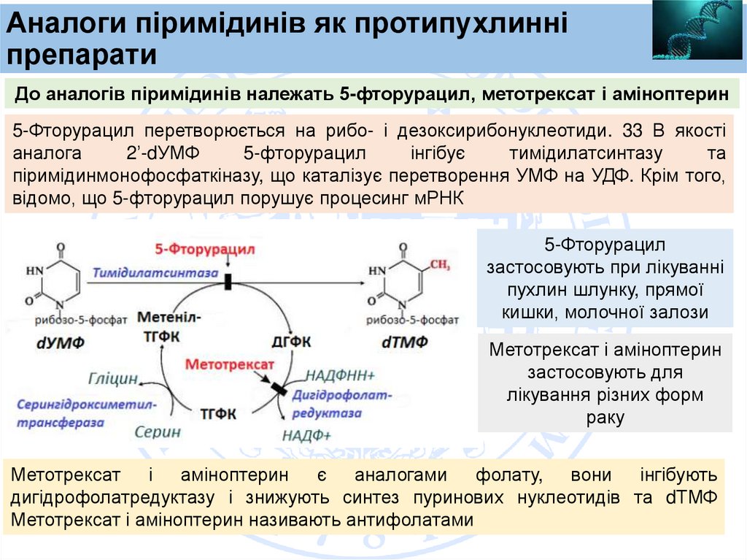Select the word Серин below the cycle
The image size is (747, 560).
click(x=158, y=431)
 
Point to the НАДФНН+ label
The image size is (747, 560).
click(x=340, y=375)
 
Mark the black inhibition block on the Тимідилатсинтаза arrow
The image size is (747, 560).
click(x=228, y=280)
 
